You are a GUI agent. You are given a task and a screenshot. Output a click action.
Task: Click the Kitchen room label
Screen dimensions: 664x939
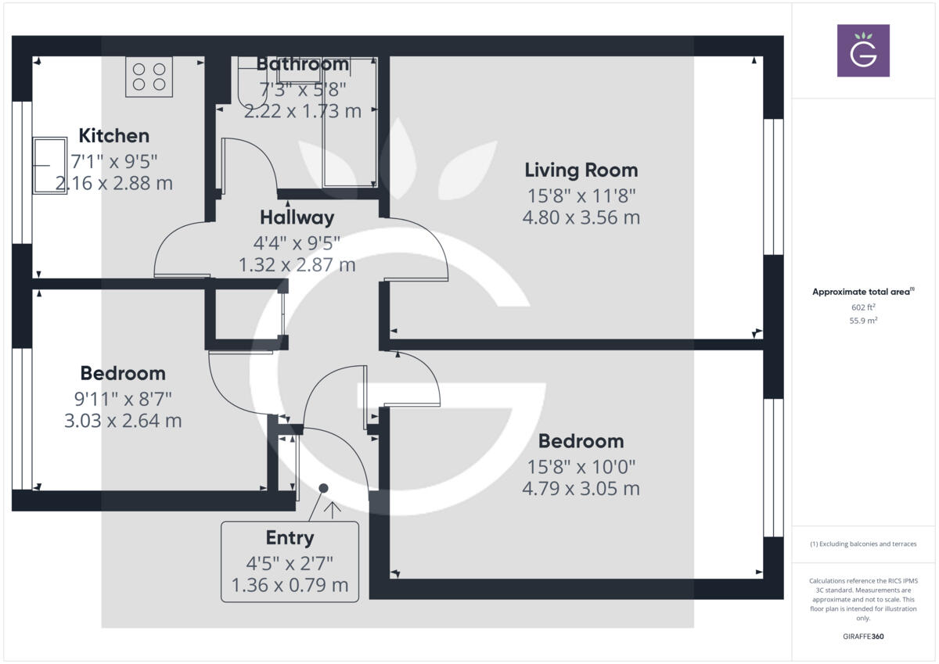[x=114, y=135]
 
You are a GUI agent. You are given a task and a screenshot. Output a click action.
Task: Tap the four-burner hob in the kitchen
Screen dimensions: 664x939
[x=149, y=77]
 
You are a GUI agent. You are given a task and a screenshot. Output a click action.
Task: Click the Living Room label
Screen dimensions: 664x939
[x=581, y=170]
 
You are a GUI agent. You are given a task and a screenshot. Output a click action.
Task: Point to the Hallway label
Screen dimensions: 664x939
[x=297, y=217]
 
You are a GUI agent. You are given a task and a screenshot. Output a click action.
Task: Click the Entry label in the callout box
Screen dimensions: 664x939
[x=290, y=538]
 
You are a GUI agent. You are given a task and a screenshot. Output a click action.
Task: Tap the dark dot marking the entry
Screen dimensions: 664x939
[x=323, y=488]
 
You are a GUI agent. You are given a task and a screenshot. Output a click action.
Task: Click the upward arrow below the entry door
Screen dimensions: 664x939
[x=333, y=511]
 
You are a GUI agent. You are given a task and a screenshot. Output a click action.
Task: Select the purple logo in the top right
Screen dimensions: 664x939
[x=863, y=51]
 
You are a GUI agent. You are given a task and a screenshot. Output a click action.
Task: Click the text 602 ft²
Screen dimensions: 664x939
[x=863, y=307]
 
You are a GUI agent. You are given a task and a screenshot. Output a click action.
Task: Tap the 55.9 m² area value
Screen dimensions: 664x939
[x=863, y=321]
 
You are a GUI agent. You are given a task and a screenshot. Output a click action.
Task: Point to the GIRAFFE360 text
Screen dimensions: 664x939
[x=864, y=637]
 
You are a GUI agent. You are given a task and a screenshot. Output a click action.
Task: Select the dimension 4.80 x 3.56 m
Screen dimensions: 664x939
[x=581, y=217]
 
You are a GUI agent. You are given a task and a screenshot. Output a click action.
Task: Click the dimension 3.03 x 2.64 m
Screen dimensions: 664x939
[x=123, y=421]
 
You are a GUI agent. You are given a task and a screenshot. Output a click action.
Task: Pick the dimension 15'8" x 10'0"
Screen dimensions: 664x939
[x=581, y=467]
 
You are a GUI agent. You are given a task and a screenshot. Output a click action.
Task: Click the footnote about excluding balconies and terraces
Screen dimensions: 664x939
[x=863, y=544]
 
